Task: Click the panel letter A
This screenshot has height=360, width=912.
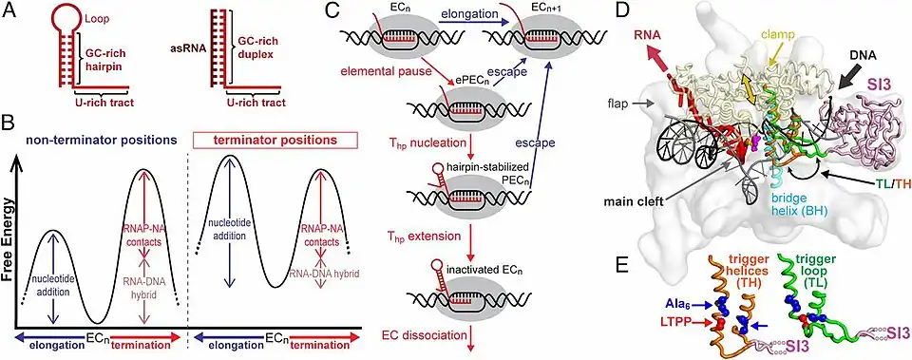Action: click(10, 12)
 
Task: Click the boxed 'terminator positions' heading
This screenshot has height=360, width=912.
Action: click(274, 141)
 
